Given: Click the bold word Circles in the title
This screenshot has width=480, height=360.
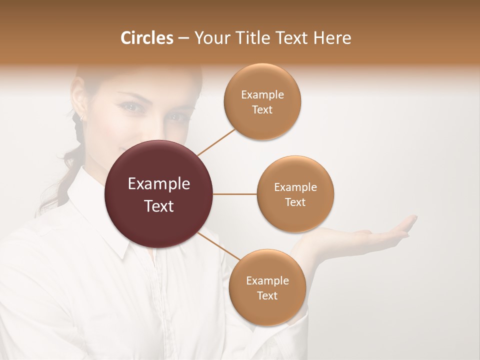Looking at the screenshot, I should point(146,38).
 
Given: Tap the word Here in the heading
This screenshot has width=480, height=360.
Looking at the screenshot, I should point(332,38).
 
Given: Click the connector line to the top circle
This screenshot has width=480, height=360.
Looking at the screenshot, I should point(216,142).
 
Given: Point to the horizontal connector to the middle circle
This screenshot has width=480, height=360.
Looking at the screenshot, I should point(235,194).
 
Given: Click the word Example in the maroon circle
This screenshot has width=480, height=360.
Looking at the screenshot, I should point(159,184).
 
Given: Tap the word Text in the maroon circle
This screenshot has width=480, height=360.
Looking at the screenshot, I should point(159,206).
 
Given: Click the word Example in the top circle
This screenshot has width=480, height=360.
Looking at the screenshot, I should point(262,95).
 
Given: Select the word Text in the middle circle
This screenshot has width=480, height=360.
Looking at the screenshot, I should point(295,202).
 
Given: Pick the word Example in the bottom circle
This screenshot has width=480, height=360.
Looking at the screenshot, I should point(267,280).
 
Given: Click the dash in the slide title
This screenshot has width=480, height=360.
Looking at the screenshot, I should point(183,38).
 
